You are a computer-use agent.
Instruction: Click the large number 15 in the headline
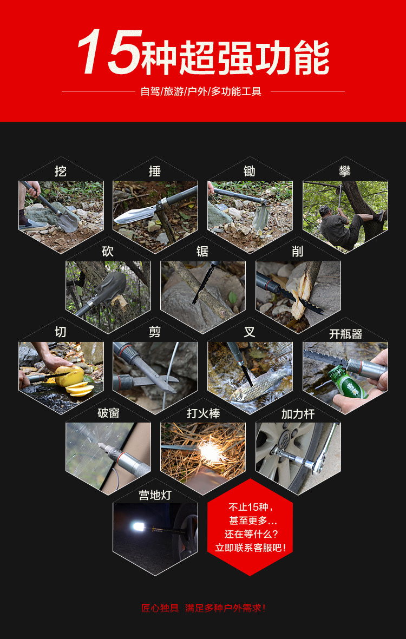[110, 52]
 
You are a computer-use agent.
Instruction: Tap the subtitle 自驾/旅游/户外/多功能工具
[201, 91]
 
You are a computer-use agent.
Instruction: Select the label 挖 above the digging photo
[60, 171]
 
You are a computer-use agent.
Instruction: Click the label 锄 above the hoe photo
[250, 171]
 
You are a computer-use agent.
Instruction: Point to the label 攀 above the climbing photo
[345, 171]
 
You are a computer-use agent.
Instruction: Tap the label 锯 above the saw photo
[202, 252]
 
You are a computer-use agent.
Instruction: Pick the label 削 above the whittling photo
[298, 252]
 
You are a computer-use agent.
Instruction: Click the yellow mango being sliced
[70, 376]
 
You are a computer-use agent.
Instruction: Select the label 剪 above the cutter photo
[155, 332]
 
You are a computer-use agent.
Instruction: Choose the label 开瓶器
[346, 334]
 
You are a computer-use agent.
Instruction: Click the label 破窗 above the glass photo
[108, 413]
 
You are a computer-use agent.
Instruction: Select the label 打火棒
[204, 413]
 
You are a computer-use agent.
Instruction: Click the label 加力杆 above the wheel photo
[298, 414]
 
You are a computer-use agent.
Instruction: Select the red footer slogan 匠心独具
[160, 608]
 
